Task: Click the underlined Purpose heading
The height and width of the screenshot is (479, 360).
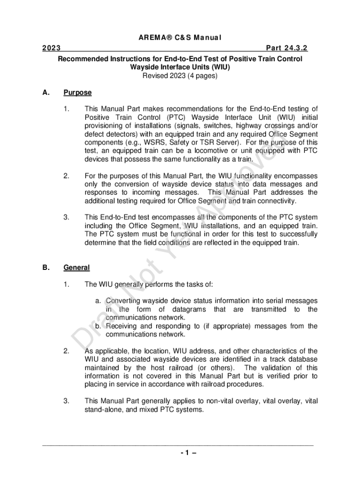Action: click(x=78, y=93)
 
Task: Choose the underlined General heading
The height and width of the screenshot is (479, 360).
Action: click(x=76, y=268)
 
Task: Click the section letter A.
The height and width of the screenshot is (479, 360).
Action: click(x=45, y=93)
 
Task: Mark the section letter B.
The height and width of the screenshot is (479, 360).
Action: click(x=45, y=268)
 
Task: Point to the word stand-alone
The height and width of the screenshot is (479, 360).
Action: click(x=103, y=410)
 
